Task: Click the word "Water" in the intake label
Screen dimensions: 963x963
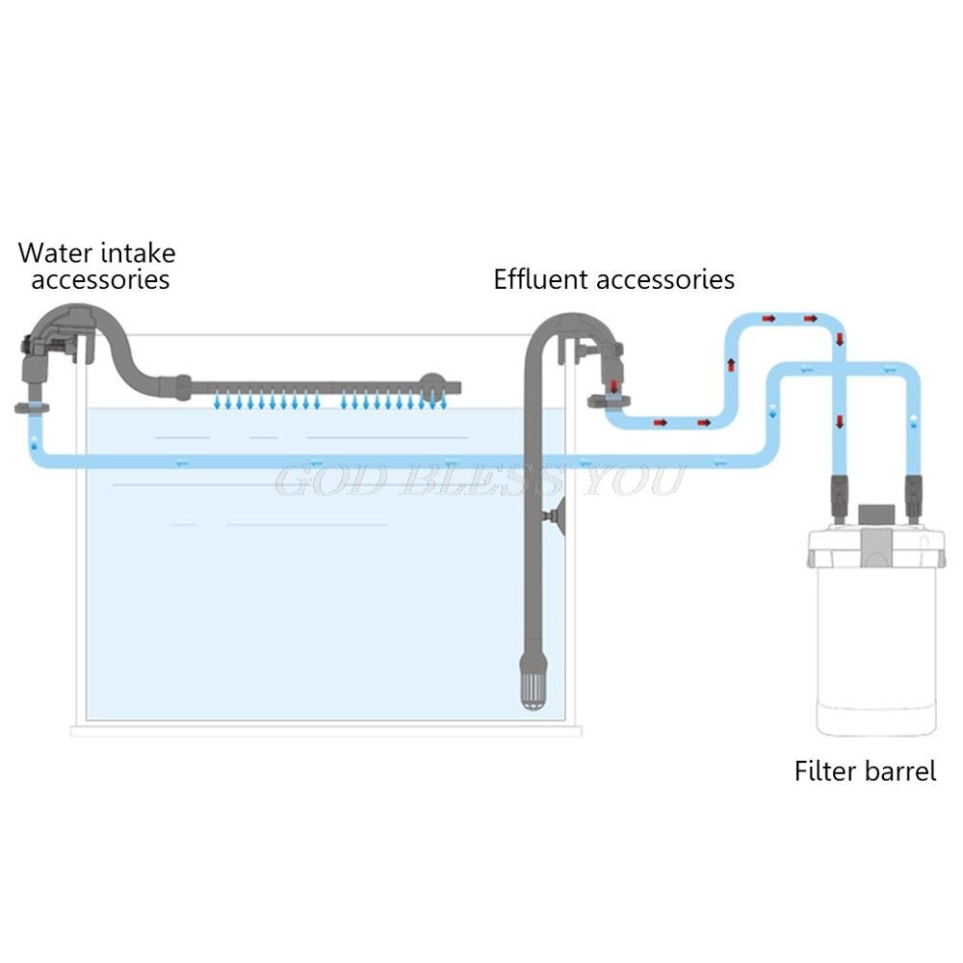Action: tap(56, 253)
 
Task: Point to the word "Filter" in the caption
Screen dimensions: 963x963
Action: tap(819, 771)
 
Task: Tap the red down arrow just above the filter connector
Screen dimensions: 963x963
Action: tap(840, 420)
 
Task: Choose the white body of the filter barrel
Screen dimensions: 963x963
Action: tap(874, 655)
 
